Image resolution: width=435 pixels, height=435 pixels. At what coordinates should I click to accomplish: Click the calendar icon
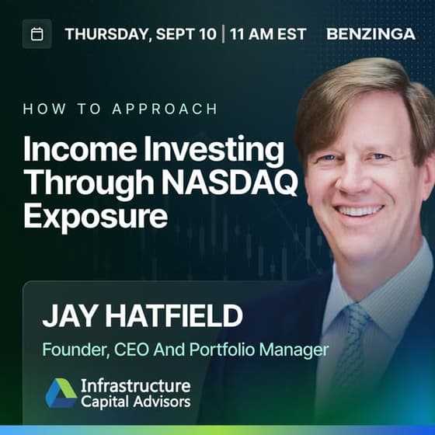coord(37,34)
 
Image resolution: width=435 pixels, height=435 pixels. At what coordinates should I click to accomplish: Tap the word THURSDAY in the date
coord(108,34)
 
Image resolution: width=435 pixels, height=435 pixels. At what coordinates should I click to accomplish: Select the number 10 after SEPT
coord(208,34)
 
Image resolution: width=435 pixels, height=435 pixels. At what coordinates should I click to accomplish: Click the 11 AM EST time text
coord(268,34)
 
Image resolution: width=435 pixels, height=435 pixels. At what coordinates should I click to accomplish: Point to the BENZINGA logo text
coord(371,34)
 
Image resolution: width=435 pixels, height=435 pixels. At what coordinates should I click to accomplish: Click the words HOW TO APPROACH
coord(120,109)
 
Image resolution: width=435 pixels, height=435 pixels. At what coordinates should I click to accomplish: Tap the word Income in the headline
coord(80,149)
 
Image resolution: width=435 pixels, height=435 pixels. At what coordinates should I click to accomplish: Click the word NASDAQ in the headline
coord(230,183)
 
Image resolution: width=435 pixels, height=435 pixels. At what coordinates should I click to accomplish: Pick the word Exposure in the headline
coord(96,217)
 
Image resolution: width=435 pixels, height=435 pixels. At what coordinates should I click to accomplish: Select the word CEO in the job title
coord(131,350)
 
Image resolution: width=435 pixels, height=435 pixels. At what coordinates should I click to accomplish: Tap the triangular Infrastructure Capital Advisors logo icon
coord(61,393)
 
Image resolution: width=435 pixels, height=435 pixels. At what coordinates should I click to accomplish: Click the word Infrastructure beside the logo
coord(136,385)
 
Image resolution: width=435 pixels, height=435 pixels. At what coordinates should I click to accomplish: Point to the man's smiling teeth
coord(359,211)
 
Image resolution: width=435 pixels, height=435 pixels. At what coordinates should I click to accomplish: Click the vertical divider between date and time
coord(223,34)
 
